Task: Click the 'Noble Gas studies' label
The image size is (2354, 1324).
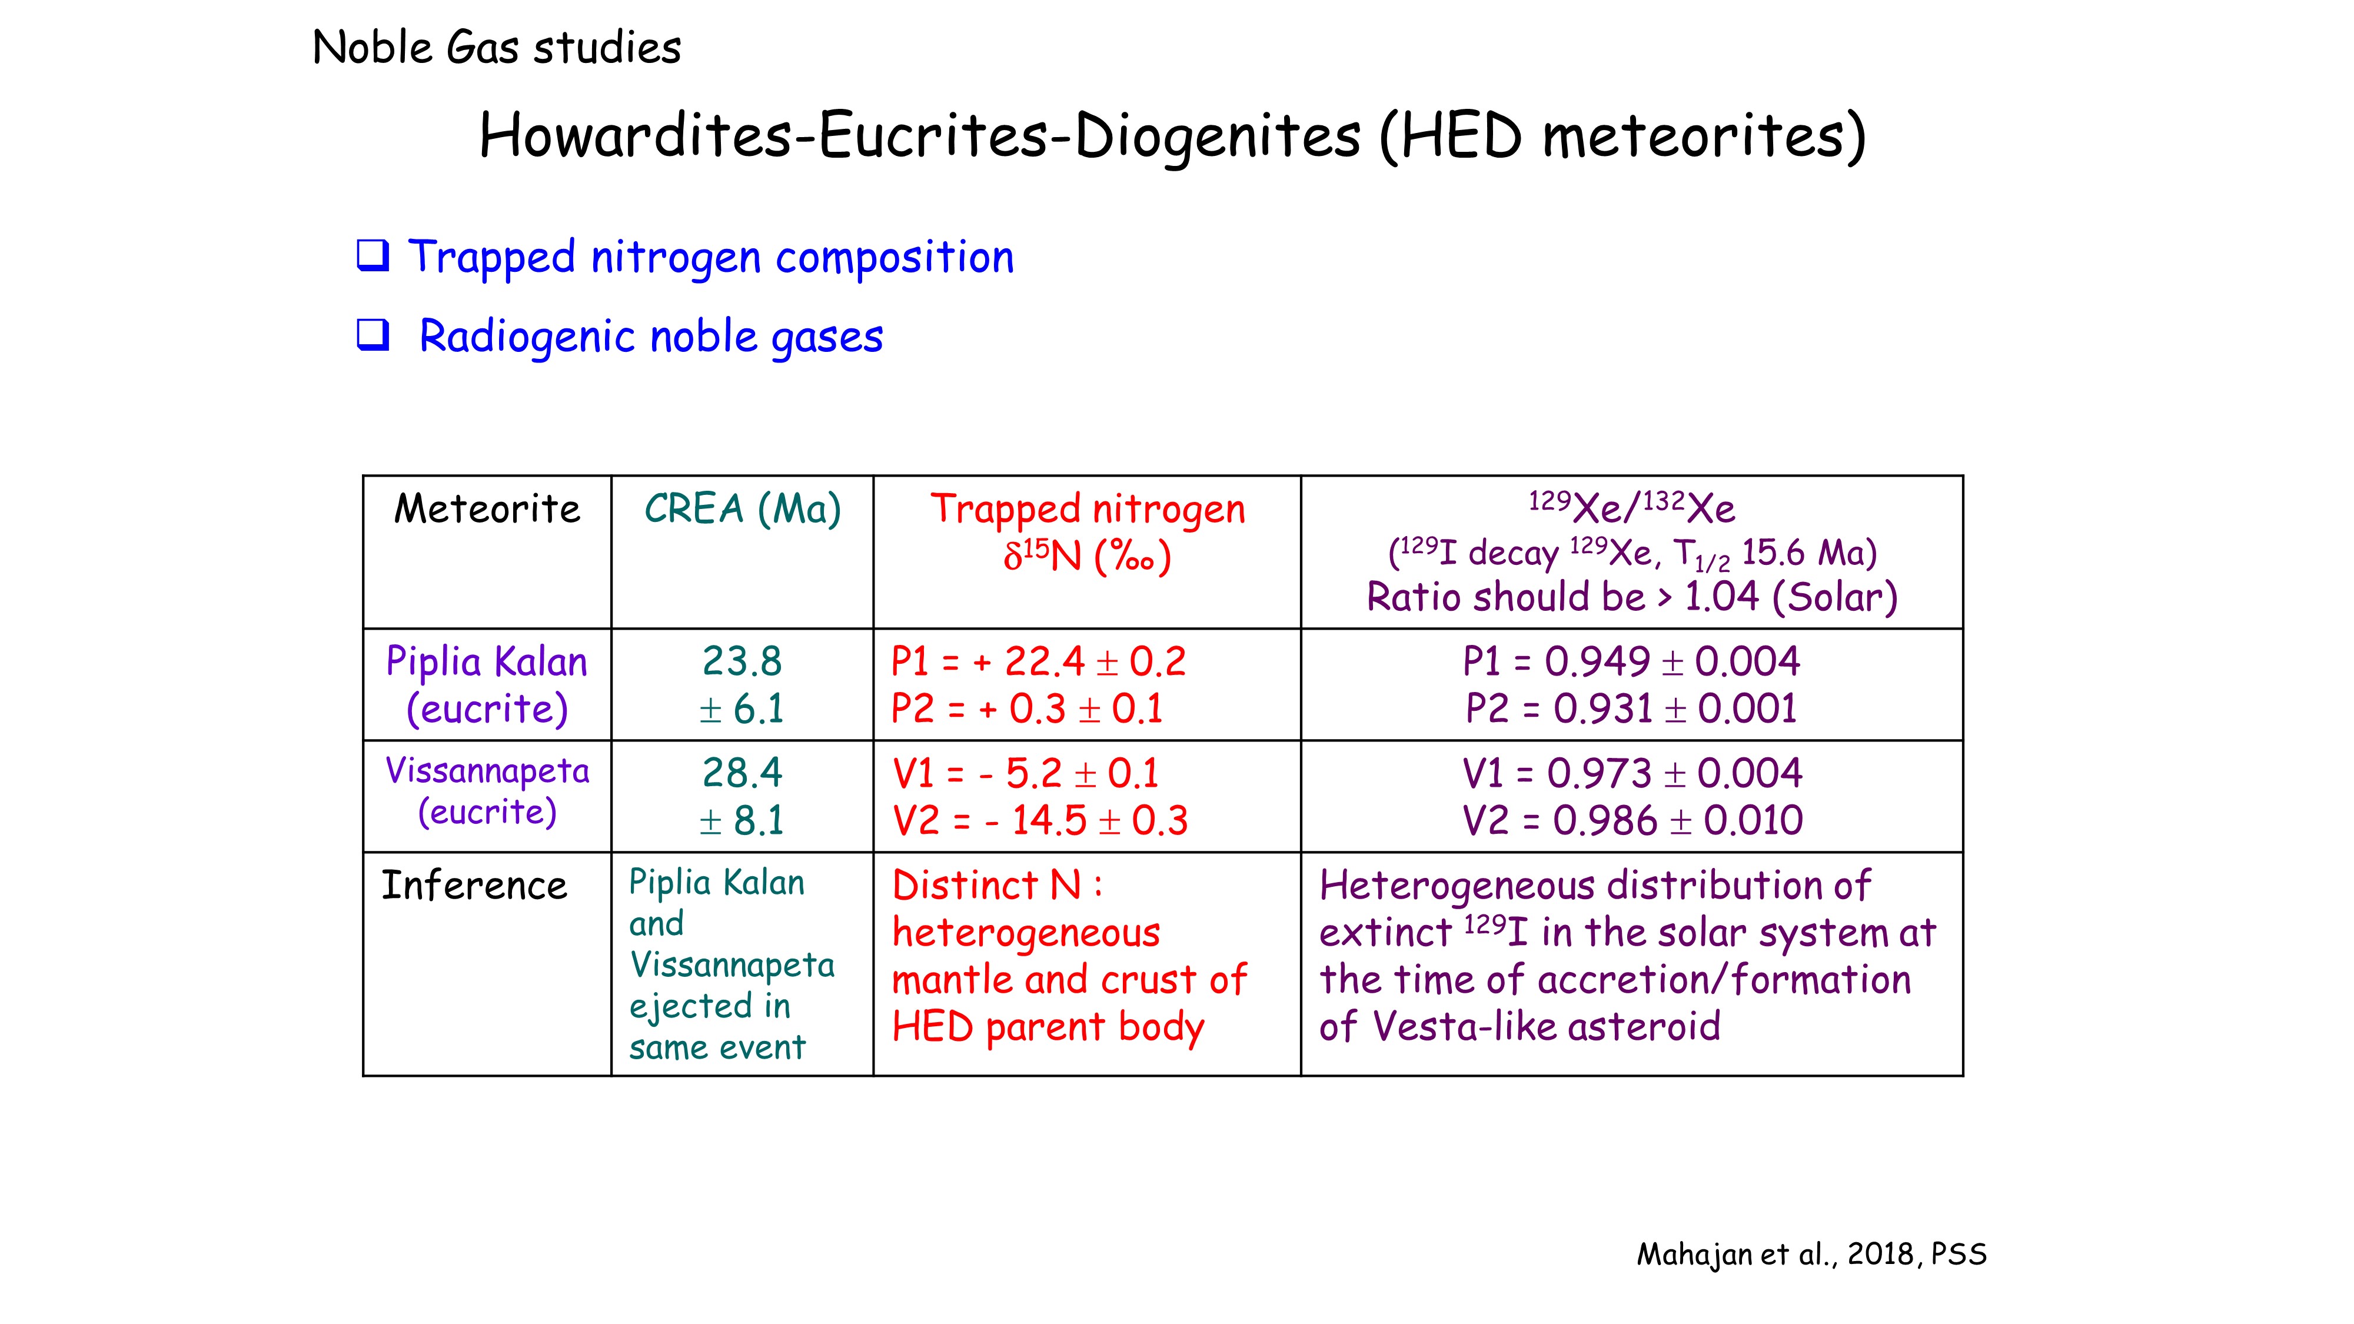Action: pos(496,48)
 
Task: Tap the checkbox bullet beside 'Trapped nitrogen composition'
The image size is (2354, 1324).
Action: pos(373,256)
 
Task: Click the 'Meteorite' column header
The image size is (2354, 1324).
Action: pos(487,509)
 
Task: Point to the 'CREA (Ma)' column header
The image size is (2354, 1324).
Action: pos(742,509)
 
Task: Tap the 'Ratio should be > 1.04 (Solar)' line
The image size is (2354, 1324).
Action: pos(1632,598)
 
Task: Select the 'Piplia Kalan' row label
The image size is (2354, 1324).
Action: pos(487,661)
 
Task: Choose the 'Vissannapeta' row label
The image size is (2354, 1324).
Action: pos(487,771)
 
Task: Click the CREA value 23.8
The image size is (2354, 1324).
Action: pos(742,661)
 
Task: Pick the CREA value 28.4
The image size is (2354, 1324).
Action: pos(742,773)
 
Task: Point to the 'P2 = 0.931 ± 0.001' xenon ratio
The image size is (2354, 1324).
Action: pos(1632,709)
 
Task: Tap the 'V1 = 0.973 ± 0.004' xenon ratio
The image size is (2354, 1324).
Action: pos(1632,774)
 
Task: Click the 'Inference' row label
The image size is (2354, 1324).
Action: pos(474,886)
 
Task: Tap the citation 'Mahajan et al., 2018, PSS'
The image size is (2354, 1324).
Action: pos(1811,1255)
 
